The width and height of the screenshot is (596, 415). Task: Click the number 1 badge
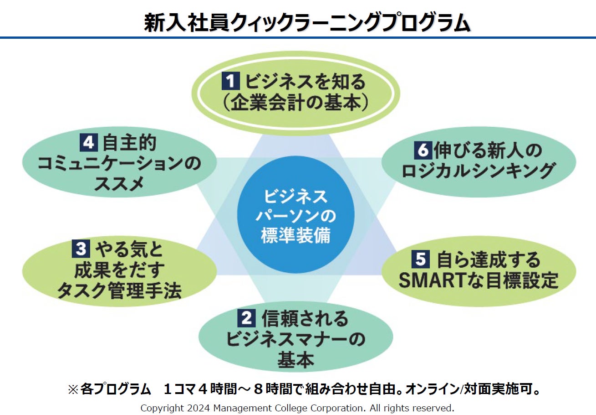(x=230, y=82)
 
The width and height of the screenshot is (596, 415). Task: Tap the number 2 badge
(x=246, y=318)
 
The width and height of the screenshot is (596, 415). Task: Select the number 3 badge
(x=81, y=249)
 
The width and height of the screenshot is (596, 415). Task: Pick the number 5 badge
(x=421, y=259)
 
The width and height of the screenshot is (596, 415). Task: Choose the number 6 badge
(x=423, y=150)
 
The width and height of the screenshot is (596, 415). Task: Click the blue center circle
(x=295, y=214)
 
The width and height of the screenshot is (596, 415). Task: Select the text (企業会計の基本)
(x=295, y=103)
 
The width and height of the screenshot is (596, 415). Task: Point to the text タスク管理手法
(x=119, y=290)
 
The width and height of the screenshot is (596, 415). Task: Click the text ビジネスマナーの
(x=295, y=339)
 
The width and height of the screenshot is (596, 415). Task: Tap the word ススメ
(x=119, y=184)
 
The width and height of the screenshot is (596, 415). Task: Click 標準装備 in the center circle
(x=295, y=236)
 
